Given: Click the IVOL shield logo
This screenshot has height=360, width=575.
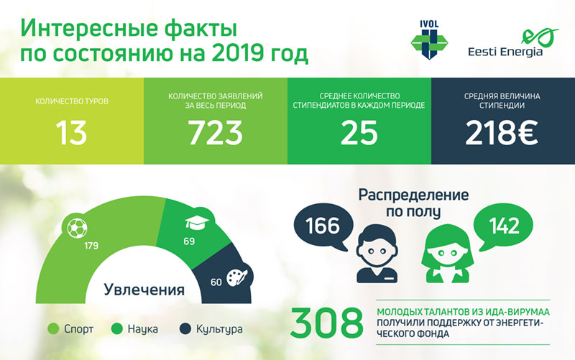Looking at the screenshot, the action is [429, 40].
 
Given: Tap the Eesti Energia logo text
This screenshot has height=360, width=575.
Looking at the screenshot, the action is [505, 52].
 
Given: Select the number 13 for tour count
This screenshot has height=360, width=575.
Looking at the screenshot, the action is [71, 133].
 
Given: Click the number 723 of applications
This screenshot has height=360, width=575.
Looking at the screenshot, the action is [215, 133].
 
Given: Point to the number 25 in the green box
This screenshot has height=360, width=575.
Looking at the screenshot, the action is [359, 133].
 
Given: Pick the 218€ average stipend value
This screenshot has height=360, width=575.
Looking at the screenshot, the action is [502, 133].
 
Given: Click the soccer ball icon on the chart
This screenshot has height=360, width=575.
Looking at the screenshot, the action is [78, 228].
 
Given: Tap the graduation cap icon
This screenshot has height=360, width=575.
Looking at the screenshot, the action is [197, 223].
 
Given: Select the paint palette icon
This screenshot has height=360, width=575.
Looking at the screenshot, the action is [237, 277].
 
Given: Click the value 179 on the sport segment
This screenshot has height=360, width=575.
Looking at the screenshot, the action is [91, 246].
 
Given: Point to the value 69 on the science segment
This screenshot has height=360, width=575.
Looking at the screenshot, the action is [189, 241].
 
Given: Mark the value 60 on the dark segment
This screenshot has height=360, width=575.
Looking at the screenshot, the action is [216, 282].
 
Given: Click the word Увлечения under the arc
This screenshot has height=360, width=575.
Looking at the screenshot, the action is [144, 290].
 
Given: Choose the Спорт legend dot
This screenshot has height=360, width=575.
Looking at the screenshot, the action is [53, 329].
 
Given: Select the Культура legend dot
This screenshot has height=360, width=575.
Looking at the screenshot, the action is [185, 329].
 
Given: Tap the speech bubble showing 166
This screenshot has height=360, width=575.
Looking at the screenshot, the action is [323, 226].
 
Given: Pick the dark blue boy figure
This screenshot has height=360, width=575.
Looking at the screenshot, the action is [377, 254].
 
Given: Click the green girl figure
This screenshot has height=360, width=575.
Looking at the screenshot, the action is [447, 254].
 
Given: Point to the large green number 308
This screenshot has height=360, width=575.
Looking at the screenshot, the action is [327, 323].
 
